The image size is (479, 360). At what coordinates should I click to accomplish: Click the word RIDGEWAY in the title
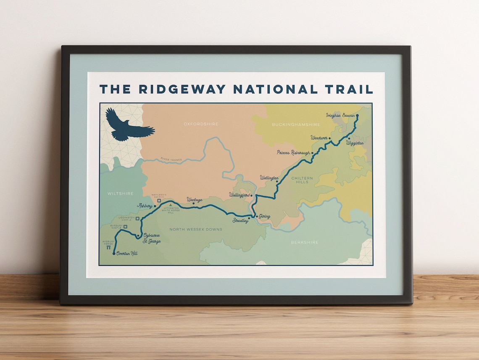182,89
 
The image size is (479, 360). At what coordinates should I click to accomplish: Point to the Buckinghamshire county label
296,124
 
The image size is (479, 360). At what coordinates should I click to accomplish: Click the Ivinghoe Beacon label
340,115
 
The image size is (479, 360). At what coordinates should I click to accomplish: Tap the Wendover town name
319,138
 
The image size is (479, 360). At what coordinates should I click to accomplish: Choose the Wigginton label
355,143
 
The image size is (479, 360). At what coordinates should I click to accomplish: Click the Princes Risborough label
293,153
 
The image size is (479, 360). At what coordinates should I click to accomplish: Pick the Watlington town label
269,178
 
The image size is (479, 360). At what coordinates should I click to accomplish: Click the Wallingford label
239,195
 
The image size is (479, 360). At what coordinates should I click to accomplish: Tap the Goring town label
264,216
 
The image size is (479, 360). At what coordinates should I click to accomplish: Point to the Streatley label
240,220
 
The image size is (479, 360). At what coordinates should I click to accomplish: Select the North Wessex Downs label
195,229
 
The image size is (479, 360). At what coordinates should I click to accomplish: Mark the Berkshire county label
305,242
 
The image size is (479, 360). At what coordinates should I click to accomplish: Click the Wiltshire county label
120,193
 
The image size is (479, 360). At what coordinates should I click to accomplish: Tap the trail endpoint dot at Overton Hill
114,254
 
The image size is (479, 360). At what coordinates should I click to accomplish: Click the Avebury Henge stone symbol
108,248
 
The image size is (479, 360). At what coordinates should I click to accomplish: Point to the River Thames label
171,159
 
